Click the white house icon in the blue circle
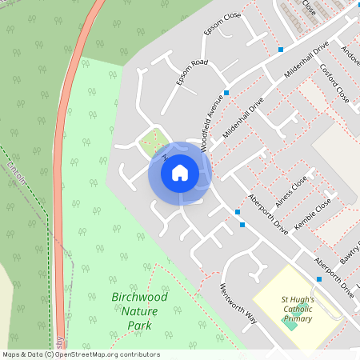click(180, 173)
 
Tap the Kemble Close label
click(313, 215)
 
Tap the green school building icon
click(290, 324)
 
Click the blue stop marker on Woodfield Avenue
click(227, 93)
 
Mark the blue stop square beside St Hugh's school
click(319, 279)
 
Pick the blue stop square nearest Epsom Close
click(281, 50)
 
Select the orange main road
click(64, 160)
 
